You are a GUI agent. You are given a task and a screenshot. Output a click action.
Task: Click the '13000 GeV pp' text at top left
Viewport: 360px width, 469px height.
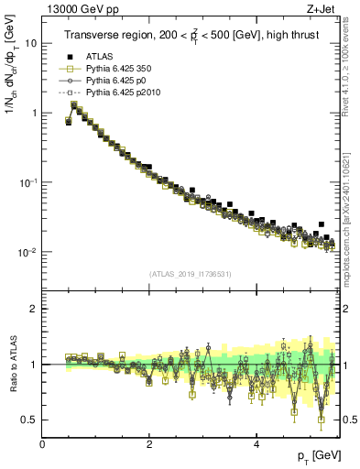[80, 7]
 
